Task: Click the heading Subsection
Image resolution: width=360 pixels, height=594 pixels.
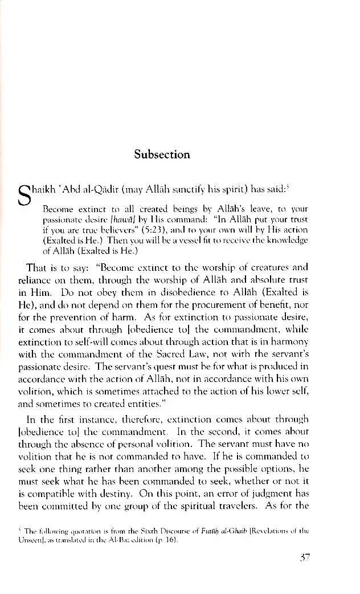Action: (162, 154)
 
